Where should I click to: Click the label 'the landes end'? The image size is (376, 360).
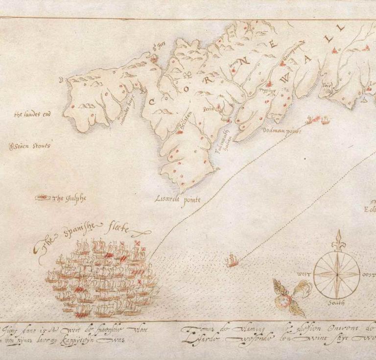32,115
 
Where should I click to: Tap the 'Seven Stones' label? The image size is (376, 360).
32,146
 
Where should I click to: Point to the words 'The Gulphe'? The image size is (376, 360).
69,198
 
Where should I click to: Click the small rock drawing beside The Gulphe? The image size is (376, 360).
43,197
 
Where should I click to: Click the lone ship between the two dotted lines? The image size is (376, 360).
232,260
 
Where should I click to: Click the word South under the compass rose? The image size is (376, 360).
336,303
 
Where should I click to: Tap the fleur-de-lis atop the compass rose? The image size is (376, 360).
337,240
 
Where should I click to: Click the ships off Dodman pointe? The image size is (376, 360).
318,119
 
